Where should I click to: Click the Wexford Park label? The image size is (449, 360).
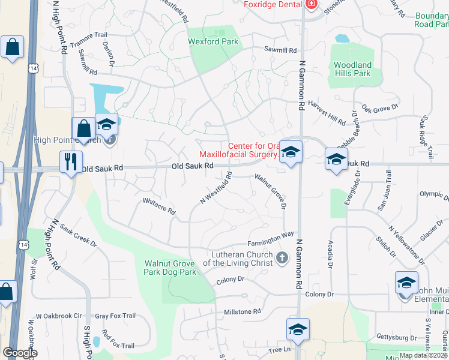[213, 42]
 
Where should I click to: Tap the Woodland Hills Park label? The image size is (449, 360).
[352, 69]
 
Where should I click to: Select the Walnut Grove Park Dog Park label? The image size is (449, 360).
[170, 268]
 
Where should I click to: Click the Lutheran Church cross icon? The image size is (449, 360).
[282, 259]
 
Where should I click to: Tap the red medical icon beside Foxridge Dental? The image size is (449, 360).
[311, 5]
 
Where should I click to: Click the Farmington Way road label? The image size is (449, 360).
[271, 239]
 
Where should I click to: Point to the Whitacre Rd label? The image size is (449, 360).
[158, 206]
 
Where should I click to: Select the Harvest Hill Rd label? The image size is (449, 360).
[327, 112]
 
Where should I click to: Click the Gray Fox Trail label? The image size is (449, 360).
[116, 316]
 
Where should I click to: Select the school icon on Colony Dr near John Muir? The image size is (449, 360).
[406, 282]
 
